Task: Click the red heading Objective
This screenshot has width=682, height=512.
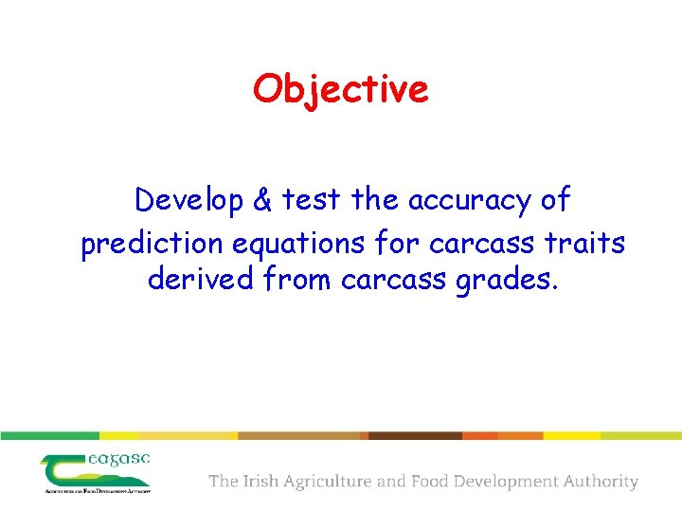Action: click(x=340, y=89)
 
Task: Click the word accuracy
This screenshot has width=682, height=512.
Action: click(x=464, y=201)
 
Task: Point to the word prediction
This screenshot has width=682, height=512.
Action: click(x=152, y=244)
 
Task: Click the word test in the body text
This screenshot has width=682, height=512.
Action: click(x=312, y=201)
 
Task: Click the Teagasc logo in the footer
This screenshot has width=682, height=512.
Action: click(x=96, y=472)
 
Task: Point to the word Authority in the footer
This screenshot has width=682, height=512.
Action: click(x=601, y=482)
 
